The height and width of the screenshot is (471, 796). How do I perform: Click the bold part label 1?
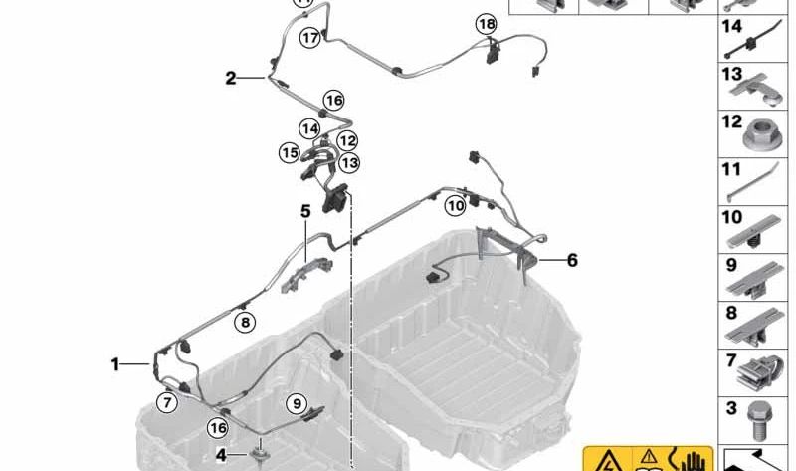point(115,365)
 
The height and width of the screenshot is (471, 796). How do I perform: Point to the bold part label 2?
point(231,78)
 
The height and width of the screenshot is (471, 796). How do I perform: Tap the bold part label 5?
point(306,211)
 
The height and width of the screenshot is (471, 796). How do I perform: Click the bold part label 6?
point(572,261)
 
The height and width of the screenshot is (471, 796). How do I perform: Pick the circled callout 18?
point(485,24)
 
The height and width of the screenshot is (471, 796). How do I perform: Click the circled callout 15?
point(289,153)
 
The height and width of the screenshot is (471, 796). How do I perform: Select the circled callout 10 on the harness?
point(455,206)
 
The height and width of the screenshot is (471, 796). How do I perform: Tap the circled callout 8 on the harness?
point(244,321)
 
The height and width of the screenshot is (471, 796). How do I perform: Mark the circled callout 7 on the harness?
point(166,402)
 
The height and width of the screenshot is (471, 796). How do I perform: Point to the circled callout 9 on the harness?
point(296,403)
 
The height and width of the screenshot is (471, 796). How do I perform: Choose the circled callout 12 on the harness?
point(347,142)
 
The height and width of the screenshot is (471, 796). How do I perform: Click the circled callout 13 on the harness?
point(349,162)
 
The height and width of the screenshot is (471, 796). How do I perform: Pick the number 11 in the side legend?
point(731,170)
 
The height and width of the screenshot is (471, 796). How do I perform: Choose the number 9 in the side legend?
point(730,266)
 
